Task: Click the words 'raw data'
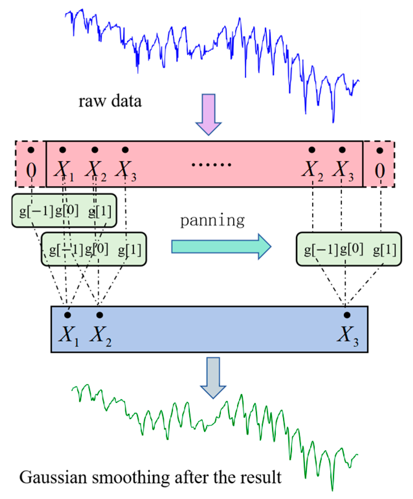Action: (110, 101)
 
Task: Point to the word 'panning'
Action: (212, 221)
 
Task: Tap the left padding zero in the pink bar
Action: (31, 170)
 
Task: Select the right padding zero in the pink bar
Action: (380, 170)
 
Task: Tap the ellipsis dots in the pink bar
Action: (211, 165)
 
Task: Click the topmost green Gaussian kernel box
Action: (64, 211)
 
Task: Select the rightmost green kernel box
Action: (349, 249)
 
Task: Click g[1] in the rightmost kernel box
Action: (385, 249)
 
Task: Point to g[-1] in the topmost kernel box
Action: (36, 211)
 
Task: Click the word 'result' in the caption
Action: (262, 478)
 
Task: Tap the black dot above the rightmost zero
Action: (380, 151)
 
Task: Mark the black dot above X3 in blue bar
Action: (347, 315)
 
